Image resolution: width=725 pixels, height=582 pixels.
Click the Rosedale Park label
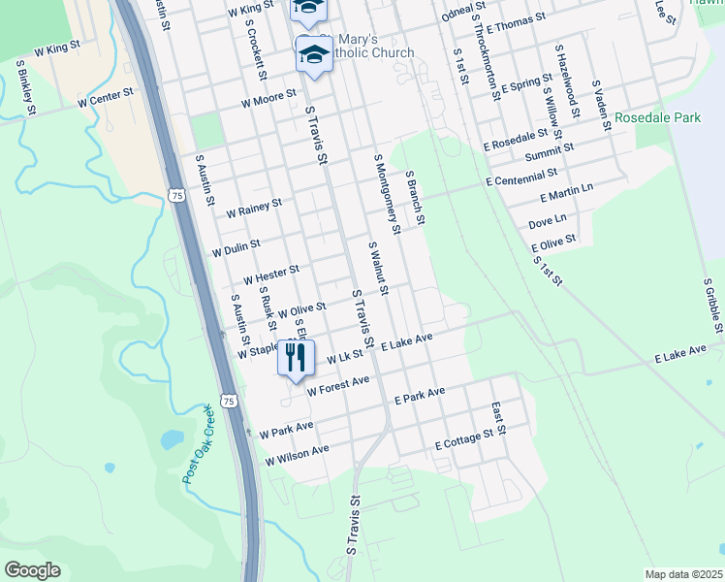tap(657, 118)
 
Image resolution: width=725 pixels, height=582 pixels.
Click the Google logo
tap(32, 570)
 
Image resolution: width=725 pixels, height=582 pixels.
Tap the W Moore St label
tap(268, 101)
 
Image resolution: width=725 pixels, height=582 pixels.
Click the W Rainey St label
tap(254, 208)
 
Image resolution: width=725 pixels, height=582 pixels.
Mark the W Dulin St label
tap(236, 249)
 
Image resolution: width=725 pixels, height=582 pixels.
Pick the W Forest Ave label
tap(338, 386)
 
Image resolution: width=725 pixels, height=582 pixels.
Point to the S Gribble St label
tap(714, 306)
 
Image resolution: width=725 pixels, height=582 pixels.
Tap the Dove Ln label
tap(548, 222)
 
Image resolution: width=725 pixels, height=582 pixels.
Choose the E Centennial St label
tap(521, 178)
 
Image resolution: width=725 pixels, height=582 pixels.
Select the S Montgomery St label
tap(387, 194)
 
